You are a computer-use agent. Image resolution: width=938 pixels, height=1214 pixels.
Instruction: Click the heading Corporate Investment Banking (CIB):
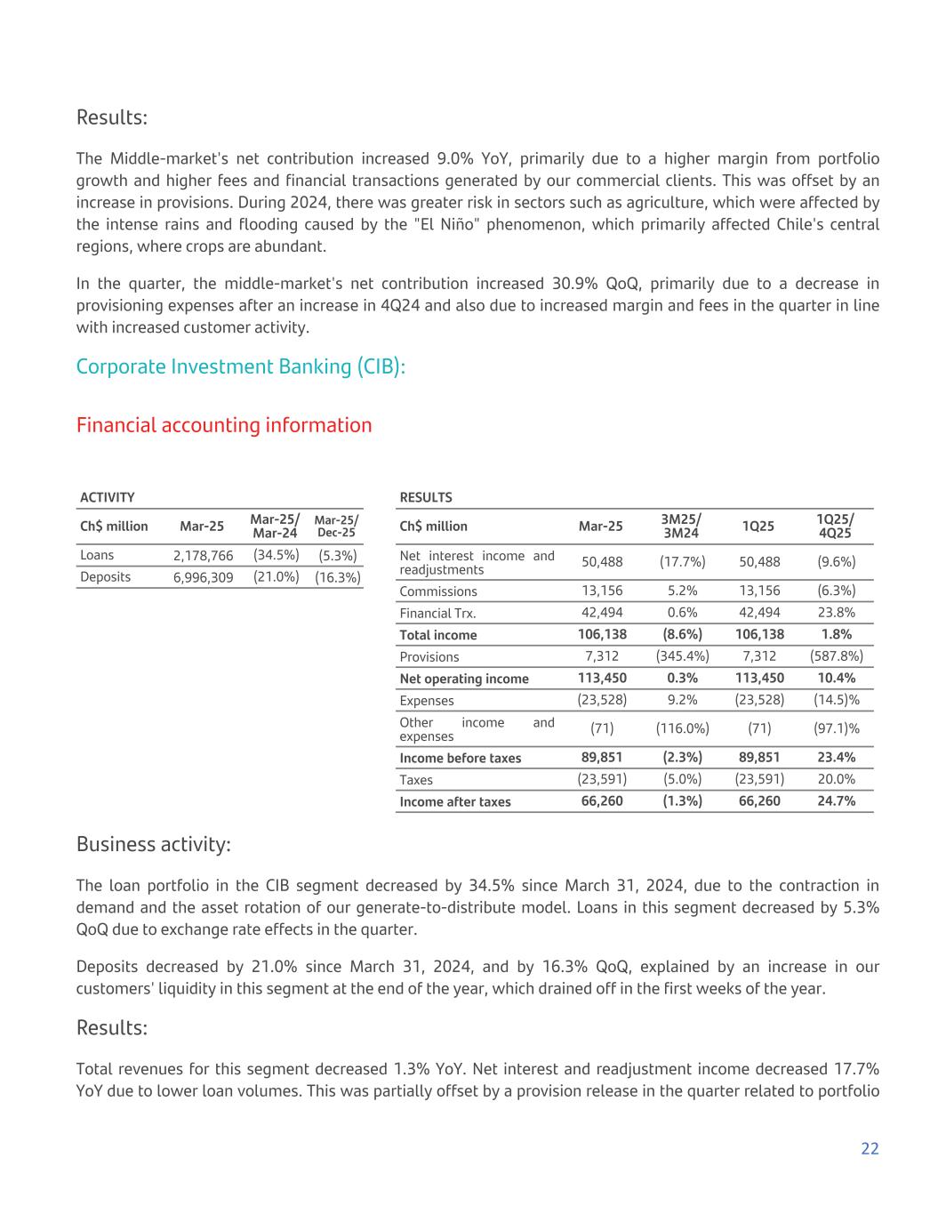click(240, 366)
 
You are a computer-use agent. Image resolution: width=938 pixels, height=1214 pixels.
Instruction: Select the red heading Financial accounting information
click(224, 425)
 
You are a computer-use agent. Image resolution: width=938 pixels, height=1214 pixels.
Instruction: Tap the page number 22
click(870, 1148)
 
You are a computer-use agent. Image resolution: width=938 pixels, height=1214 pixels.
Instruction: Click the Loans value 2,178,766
click(203, 556)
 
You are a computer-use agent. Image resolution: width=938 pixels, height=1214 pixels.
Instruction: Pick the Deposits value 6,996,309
click(203, 577)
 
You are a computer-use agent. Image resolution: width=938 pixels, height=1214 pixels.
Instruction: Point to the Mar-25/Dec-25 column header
click(337, 526)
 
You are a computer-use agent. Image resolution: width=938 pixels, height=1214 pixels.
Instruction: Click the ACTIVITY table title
click(108, 497)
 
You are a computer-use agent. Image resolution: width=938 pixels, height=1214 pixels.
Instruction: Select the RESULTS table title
click(426, 497)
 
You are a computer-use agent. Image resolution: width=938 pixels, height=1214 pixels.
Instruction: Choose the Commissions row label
click(438, 591)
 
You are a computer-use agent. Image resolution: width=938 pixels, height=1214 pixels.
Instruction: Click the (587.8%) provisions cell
click(836, 656)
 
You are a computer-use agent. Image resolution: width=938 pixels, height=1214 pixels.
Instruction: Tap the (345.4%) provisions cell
click(682, 656)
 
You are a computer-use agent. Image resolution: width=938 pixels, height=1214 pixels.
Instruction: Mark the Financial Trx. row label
click(437, 613)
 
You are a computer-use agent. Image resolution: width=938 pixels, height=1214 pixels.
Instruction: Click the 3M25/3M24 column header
click(682, 526)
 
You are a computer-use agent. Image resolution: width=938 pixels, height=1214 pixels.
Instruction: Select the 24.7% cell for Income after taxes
click(836, 801)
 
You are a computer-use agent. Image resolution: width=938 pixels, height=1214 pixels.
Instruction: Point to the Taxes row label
click(416, 780)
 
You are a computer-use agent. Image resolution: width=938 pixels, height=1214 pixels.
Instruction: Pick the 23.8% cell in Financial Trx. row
click(836, 613)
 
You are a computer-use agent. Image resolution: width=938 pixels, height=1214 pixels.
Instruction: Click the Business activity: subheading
click(154, 844)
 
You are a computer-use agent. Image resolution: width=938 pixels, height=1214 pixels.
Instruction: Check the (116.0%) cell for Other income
click(682, 729)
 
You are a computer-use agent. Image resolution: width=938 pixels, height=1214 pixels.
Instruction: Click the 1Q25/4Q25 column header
click(836, 526)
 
